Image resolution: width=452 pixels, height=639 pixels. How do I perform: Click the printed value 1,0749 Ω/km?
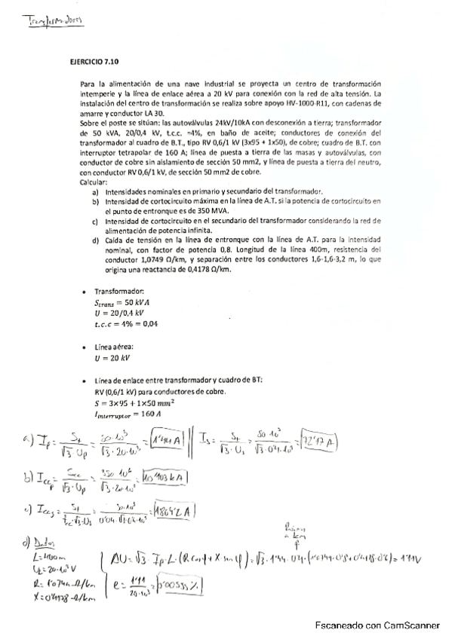click(x=150, y=257)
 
